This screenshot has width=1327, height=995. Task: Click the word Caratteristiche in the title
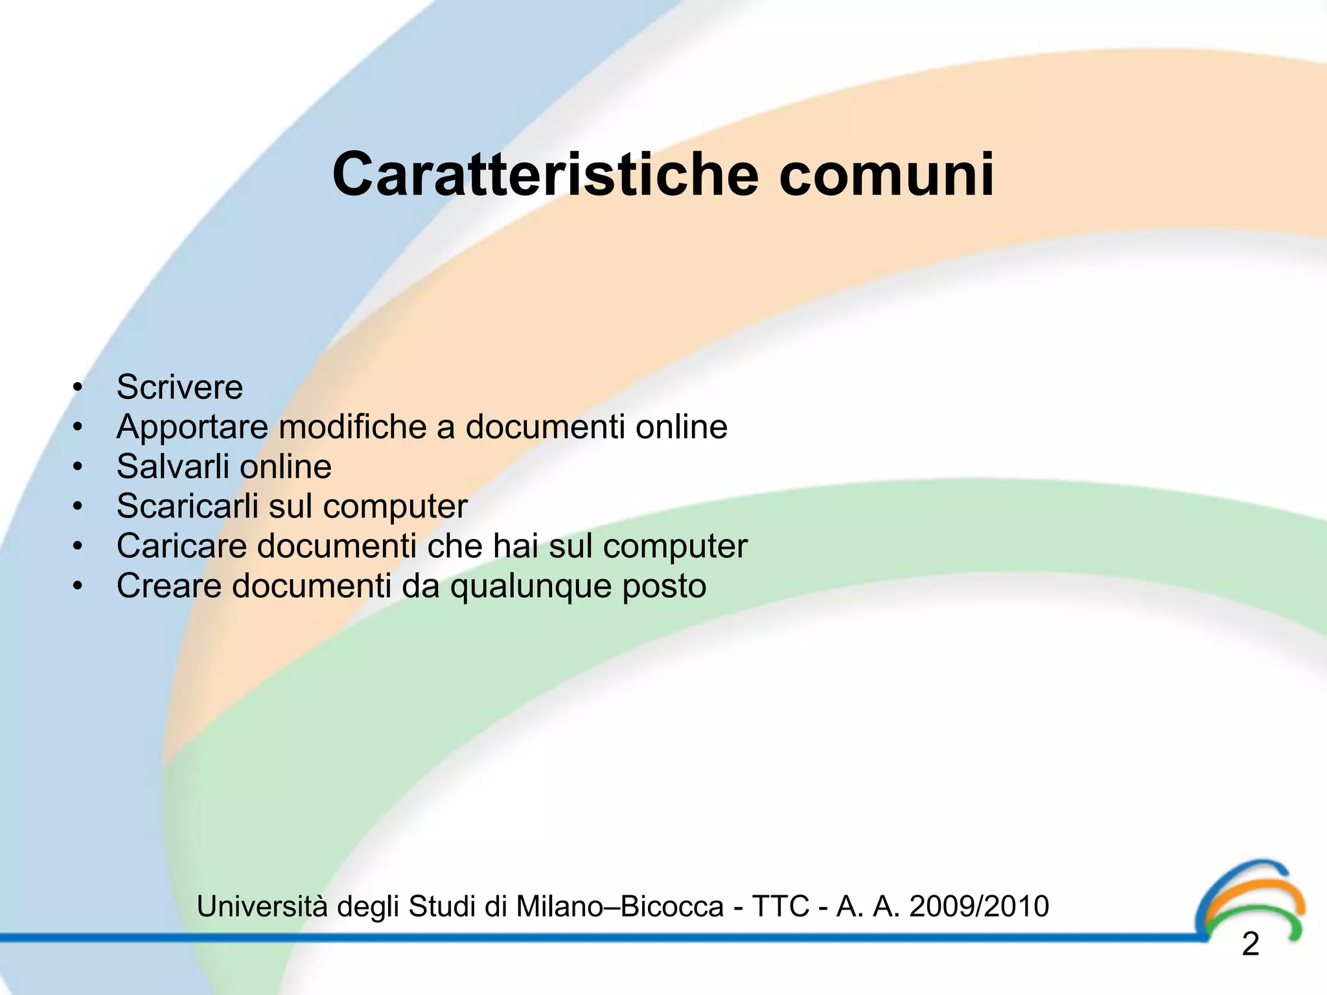(545, 175)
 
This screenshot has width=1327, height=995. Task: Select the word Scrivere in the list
(179, 387)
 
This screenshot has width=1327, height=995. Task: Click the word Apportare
(192, 428)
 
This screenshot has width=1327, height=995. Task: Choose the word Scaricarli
(187, 506)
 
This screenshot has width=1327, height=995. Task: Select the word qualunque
(530, 587)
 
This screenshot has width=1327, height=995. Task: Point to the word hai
(516, 545)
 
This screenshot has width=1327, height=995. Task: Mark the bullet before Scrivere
(78, 389)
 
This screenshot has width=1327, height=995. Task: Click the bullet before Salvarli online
(78, 468)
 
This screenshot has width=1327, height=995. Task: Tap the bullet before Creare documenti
(78, 587)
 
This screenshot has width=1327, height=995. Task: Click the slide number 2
(1250, 944)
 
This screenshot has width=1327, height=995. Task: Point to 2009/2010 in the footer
(978, 906)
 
